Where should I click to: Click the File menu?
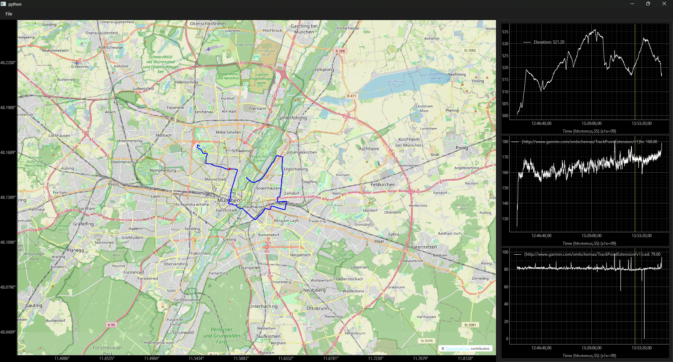coord(9,14)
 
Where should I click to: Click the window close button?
coord(664,4)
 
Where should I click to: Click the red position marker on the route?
coord(230,169)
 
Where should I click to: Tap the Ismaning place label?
coord(324,70)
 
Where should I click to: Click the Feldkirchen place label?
coord(382,185)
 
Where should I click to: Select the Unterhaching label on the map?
coord(263,306)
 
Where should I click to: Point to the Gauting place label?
coord(34,306)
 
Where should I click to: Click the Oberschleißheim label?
coord(208,24)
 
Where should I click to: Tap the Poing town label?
coord(462,148)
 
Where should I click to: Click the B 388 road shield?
coord(340,51)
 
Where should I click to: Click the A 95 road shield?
coord(111,325)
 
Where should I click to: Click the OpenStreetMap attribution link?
coord(457,349)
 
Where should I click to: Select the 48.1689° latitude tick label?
coord(8,153)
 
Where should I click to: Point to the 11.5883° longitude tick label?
coord(241,358)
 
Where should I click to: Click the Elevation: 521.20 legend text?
coord(549,42)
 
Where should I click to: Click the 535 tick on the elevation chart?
coord(505,32)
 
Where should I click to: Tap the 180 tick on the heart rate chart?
coord(505,142)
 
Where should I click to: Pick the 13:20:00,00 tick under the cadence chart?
coord(591,348)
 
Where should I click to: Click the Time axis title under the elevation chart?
coord(589,131)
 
